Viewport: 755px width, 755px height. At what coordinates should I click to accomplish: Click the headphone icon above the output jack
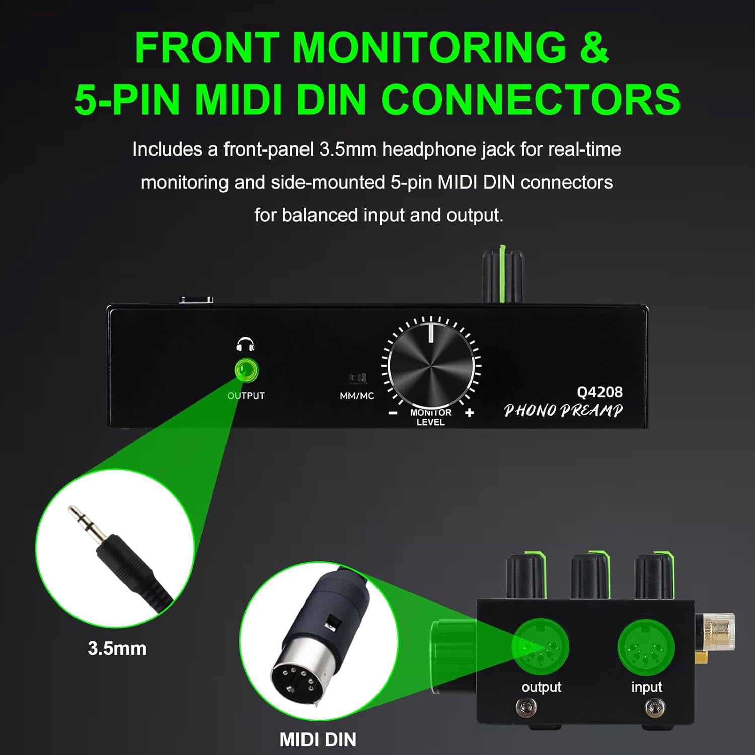click(x=245, y=344)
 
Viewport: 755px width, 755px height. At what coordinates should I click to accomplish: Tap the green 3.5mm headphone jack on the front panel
click(x=246, y=371)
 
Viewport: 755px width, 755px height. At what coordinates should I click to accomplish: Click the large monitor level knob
click(x=431, y=367)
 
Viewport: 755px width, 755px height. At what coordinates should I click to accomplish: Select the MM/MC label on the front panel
click(x=357, y=396)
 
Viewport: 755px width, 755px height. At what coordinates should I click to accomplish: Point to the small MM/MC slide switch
click(x=356, y=378)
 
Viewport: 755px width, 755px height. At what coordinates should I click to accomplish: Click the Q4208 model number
click(x=599, y=392)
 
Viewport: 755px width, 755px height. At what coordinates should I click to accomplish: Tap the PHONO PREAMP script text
click(x=563, y=410)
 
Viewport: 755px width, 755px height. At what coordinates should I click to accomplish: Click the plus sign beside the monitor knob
click(x=470, y=413)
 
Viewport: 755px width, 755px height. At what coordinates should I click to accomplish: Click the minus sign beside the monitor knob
click(x=393, y=413)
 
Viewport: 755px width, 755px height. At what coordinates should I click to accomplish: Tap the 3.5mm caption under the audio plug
click(x=117, y=648)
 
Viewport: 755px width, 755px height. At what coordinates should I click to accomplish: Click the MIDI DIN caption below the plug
click(x=318, y=739)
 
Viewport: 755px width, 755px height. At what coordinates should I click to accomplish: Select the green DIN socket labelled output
click(x=541, y=647)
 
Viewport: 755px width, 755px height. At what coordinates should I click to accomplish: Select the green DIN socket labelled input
click(x=646, y=647)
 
